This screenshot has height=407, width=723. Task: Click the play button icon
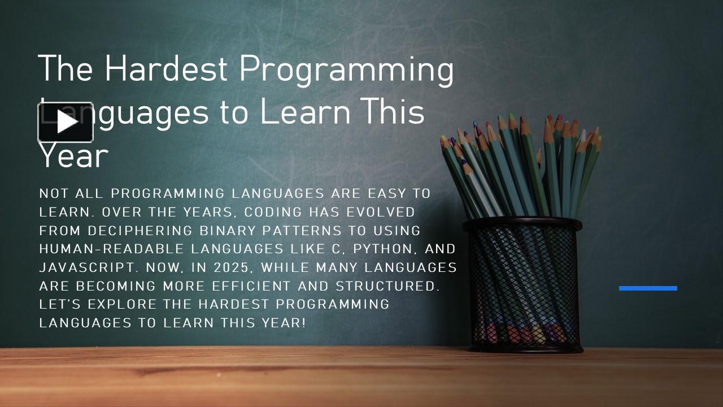point(66,122)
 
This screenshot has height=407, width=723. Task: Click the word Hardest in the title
point(165,69)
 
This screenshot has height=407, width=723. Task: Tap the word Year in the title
point(73,156)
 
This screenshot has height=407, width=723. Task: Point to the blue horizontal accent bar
point(648,288)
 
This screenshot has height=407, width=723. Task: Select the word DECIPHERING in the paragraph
point(140,231)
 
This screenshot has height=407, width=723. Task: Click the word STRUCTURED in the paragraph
point(387,286)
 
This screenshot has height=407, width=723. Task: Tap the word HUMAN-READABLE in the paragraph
point(112,249)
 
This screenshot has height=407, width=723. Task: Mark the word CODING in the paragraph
point(273,212)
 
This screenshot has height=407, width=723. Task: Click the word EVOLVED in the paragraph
point(381,212)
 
